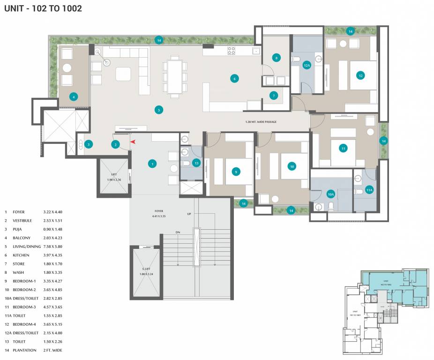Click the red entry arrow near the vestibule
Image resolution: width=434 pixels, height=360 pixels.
(133, 141)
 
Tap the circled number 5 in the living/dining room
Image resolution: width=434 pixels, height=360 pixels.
(159, 110)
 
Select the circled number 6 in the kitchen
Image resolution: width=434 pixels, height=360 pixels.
(234, 78)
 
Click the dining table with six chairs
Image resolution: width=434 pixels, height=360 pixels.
(175, 76)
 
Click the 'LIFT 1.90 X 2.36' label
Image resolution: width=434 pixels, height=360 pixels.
(114, 177)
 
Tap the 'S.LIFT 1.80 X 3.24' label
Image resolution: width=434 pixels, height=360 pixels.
(147, 271)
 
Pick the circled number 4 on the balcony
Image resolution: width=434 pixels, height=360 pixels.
(73, 97)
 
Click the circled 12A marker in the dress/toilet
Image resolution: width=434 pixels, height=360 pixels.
(307, 66)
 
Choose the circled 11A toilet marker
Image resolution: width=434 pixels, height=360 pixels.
(369, 190)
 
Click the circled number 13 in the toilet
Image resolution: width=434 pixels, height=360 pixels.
(196, 163)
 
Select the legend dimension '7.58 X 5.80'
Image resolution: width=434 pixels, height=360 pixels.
(52, 247)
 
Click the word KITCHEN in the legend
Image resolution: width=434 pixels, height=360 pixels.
(21, 255)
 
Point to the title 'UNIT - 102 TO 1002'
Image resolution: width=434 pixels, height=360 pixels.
(43, 8)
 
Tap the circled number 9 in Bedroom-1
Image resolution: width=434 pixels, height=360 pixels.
(236, 172)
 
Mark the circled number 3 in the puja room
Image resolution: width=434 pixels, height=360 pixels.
(88, 144)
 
